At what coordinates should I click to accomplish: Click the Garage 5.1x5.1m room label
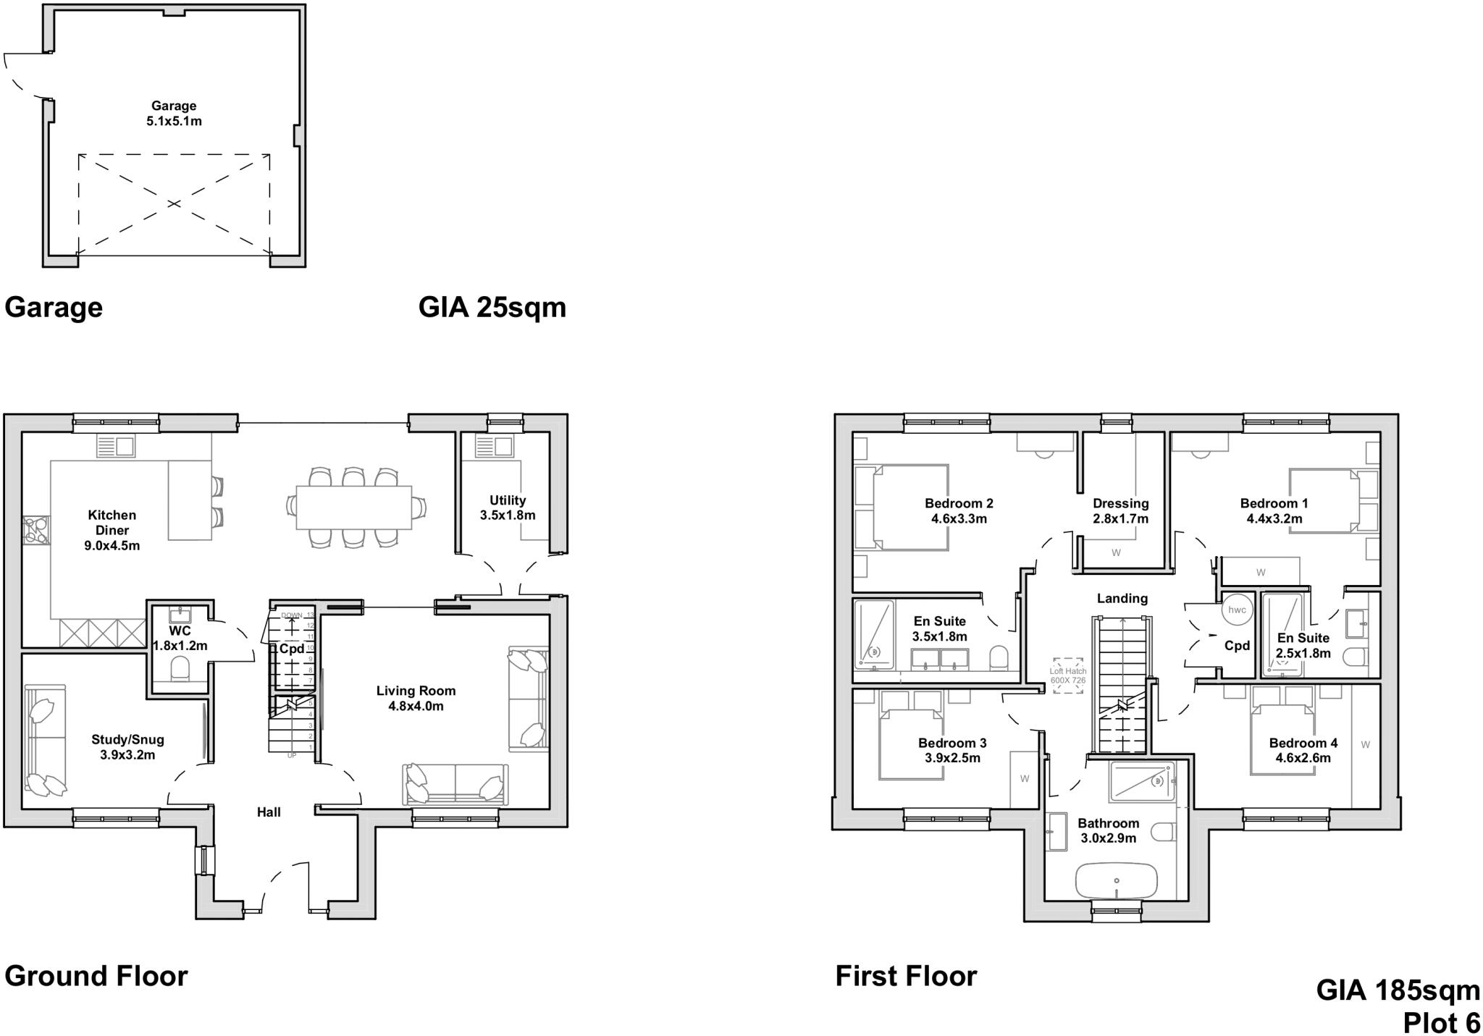(174, 114)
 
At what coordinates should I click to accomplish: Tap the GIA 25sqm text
(492, 307)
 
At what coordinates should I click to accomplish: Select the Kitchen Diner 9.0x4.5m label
(112, 530)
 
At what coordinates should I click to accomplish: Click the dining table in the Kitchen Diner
(354, 507)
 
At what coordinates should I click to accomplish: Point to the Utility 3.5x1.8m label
(507, 508)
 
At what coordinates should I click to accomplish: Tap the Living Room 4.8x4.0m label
(416, 698)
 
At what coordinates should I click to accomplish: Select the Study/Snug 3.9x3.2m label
(127, 747)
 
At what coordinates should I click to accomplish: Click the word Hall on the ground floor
(269, 812)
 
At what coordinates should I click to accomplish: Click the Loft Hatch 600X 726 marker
(1068, 675)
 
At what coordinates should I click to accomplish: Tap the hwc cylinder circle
(1237, 610)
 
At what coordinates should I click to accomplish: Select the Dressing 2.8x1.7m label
(1120, 511)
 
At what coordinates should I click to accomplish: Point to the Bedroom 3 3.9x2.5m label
(952, 751)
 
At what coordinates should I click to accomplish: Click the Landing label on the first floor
(1122, 599)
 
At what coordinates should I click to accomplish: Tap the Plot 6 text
(1441, 1023)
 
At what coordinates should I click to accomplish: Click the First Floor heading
(906, 976)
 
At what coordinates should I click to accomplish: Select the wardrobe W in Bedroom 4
(1365, 745)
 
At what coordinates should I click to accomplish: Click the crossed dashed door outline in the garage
(174, 204)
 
